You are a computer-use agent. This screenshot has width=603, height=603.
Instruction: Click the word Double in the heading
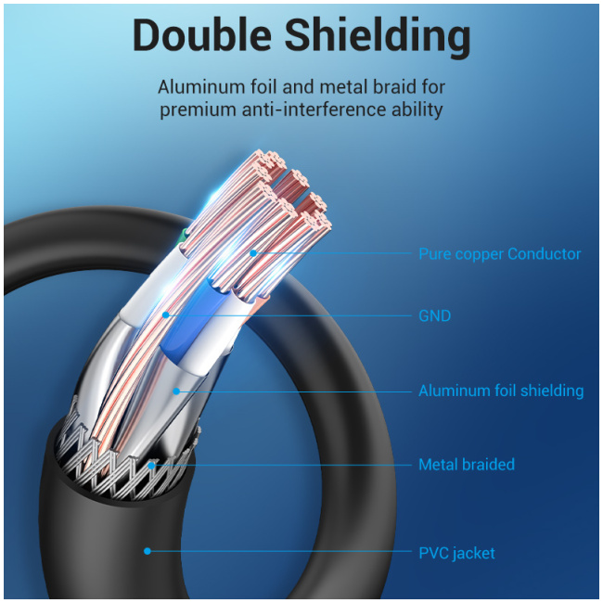[202, 35]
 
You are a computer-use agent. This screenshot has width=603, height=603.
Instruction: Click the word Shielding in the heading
[377, 38]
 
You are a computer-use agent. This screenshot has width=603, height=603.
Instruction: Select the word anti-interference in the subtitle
[314, 109]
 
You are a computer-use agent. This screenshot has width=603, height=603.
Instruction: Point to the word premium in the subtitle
[199, 110]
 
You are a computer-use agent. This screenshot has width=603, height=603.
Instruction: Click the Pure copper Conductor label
[499, 254]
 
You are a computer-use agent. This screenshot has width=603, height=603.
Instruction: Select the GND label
[434, 315]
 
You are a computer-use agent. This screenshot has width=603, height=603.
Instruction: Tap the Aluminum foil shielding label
[501, 391]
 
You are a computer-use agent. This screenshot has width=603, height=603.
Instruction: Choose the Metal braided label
[466, 464]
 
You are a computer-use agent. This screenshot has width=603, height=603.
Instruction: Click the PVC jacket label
[456, 553]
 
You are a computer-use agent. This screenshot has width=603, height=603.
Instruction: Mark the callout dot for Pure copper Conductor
[253, 253]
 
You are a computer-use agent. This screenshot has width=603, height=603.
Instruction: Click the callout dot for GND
[166, 315]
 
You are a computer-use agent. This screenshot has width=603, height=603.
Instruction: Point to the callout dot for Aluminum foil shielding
[176, 391]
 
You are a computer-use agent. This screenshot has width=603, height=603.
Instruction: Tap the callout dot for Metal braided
[152, 466]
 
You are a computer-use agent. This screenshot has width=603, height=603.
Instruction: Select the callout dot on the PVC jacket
[147, 551]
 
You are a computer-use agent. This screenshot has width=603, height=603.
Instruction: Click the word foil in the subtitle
[264, 86]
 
